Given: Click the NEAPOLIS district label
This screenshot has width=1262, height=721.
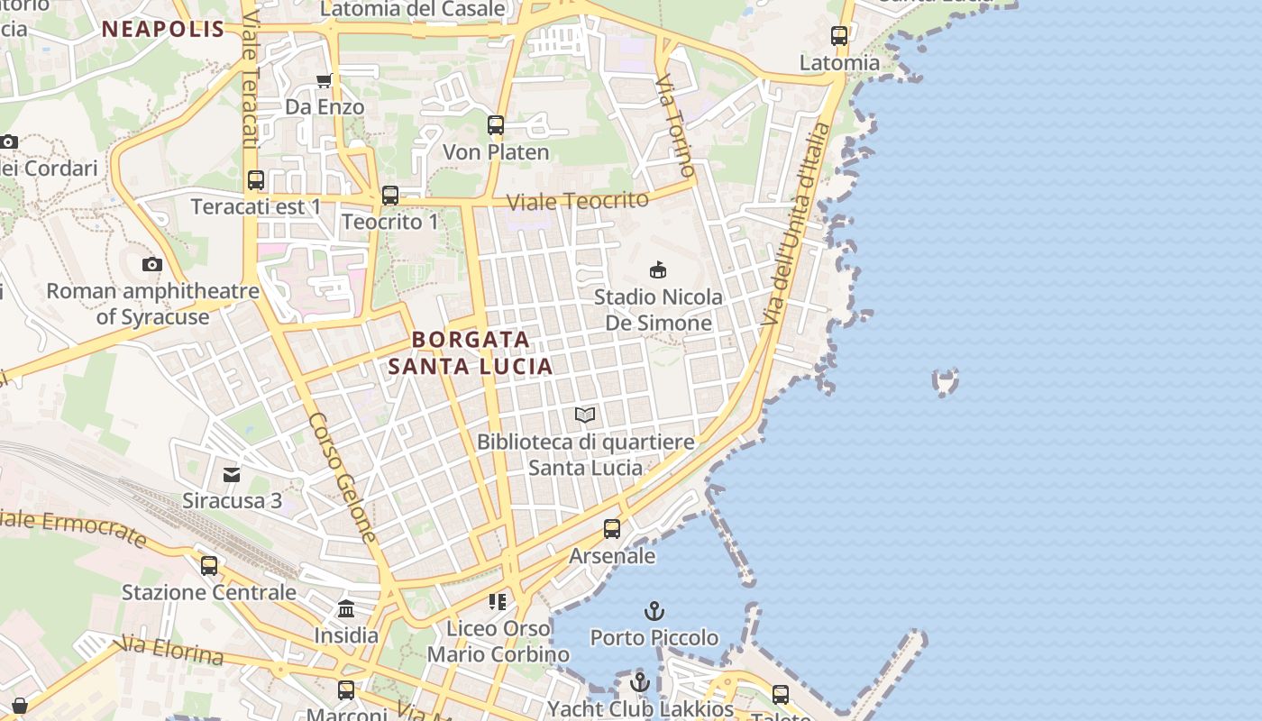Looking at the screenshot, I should tap(162, 29).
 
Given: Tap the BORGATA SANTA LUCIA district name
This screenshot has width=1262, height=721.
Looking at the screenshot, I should tap(471, 353).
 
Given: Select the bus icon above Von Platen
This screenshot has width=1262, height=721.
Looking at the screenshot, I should tap(496, 125).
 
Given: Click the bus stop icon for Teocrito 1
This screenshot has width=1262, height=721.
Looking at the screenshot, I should tap(390, 195).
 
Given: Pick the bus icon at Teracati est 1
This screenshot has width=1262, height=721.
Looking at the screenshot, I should tap(256, 180).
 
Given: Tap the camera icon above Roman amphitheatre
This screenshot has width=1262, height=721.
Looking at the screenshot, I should tap(152, 264).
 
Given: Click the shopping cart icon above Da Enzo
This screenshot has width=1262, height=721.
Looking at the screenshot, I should tap(325, 81).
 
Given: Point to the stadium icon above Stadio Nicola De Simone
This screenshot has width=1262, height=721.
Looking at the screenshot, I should tap(658, 269).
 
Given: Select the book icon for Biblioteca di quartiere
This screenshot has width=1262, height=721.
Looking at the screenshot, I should tap(585, 415).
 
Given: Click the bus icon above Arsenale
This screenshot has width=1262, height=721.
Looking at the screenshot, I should tap(612, 529).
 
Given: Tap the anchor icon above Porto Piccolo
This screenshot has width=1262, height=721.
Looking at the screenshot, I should tap(654, 611).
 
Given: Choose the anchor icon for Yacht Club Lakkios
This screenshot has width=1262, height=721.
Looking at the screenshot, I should tap(640, 681).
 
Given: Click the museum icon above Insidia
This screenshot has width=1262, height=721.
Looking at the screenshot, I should tap(346, 609).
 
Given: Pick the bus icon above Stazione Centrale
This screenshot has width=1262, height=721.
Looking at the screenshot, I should tap(209, 565).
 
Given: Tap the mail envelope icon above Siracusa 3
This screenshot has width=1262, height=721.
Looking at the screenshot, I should tap(233, 474).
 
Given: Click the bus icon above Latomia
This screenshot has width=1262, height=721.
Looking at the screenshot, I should tap(839, 36).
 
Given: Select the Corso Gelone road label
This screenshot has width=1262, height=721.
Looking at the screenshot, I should tap(343, 478).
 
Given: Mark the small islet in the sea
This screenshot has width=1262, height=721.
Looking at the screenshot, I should tap(945, 382).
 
